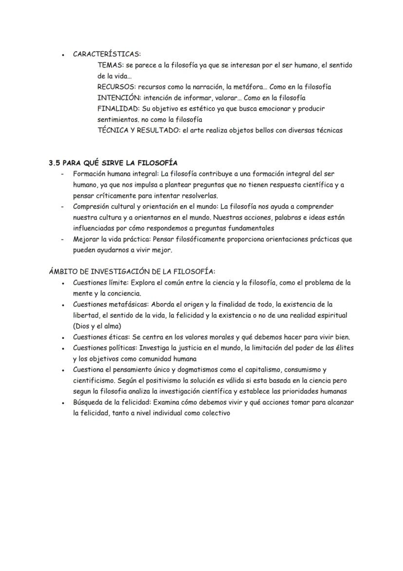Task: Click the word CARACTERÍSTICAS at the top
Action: [107, 54]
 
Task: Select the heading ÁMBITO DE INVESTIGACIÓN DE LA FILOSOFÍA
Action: [132, 272]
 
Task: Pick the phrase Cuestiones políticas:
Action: [105, 348]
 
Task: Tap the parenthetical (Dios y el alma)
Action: [97, 326]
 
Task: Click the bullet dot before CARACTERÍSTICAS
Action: [63, 55]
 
